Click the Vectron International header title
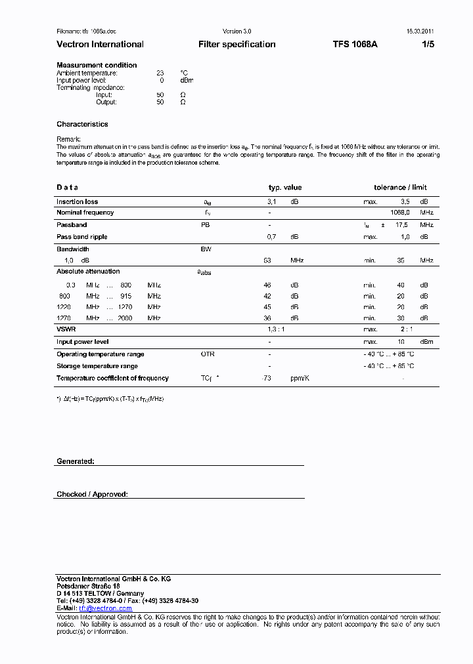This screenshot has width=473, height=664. tap(100, 45)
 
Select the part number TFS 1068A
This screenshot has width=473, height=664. tap(355, 45)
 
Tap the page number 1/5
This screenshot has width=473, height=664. tap(428, 45)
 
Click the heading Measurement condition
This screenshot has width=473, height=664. tap(97, 65)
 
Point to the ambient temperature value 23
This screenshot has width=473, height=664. tap(160, 73)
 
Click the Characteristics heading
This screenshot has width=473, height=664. tap(82, 124)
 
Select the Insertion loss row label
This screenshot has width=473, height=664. tap(77, 201)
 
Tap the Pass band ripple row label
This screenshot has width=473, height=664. tap(81, 237)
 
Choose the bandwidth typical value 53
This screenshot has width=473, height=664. tap(267, 260)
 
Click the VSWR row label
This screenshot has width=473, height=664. tap(66, 329)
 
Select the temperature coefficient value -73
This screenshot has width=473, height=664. tap(267, 379)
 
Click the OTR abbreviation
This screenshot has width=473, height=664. tap(208, 354)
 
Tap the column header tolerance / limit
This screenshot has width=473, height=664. tap(400, 188)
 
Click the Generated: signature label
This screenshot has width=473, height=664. tap(75, 461)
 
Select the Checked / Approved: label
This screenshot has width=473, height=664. tap(92, 494)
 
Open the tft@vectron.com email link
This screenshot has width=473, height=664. tap(105, 608)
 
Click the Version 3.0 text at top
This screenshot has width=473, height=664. tap(237, 31)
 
